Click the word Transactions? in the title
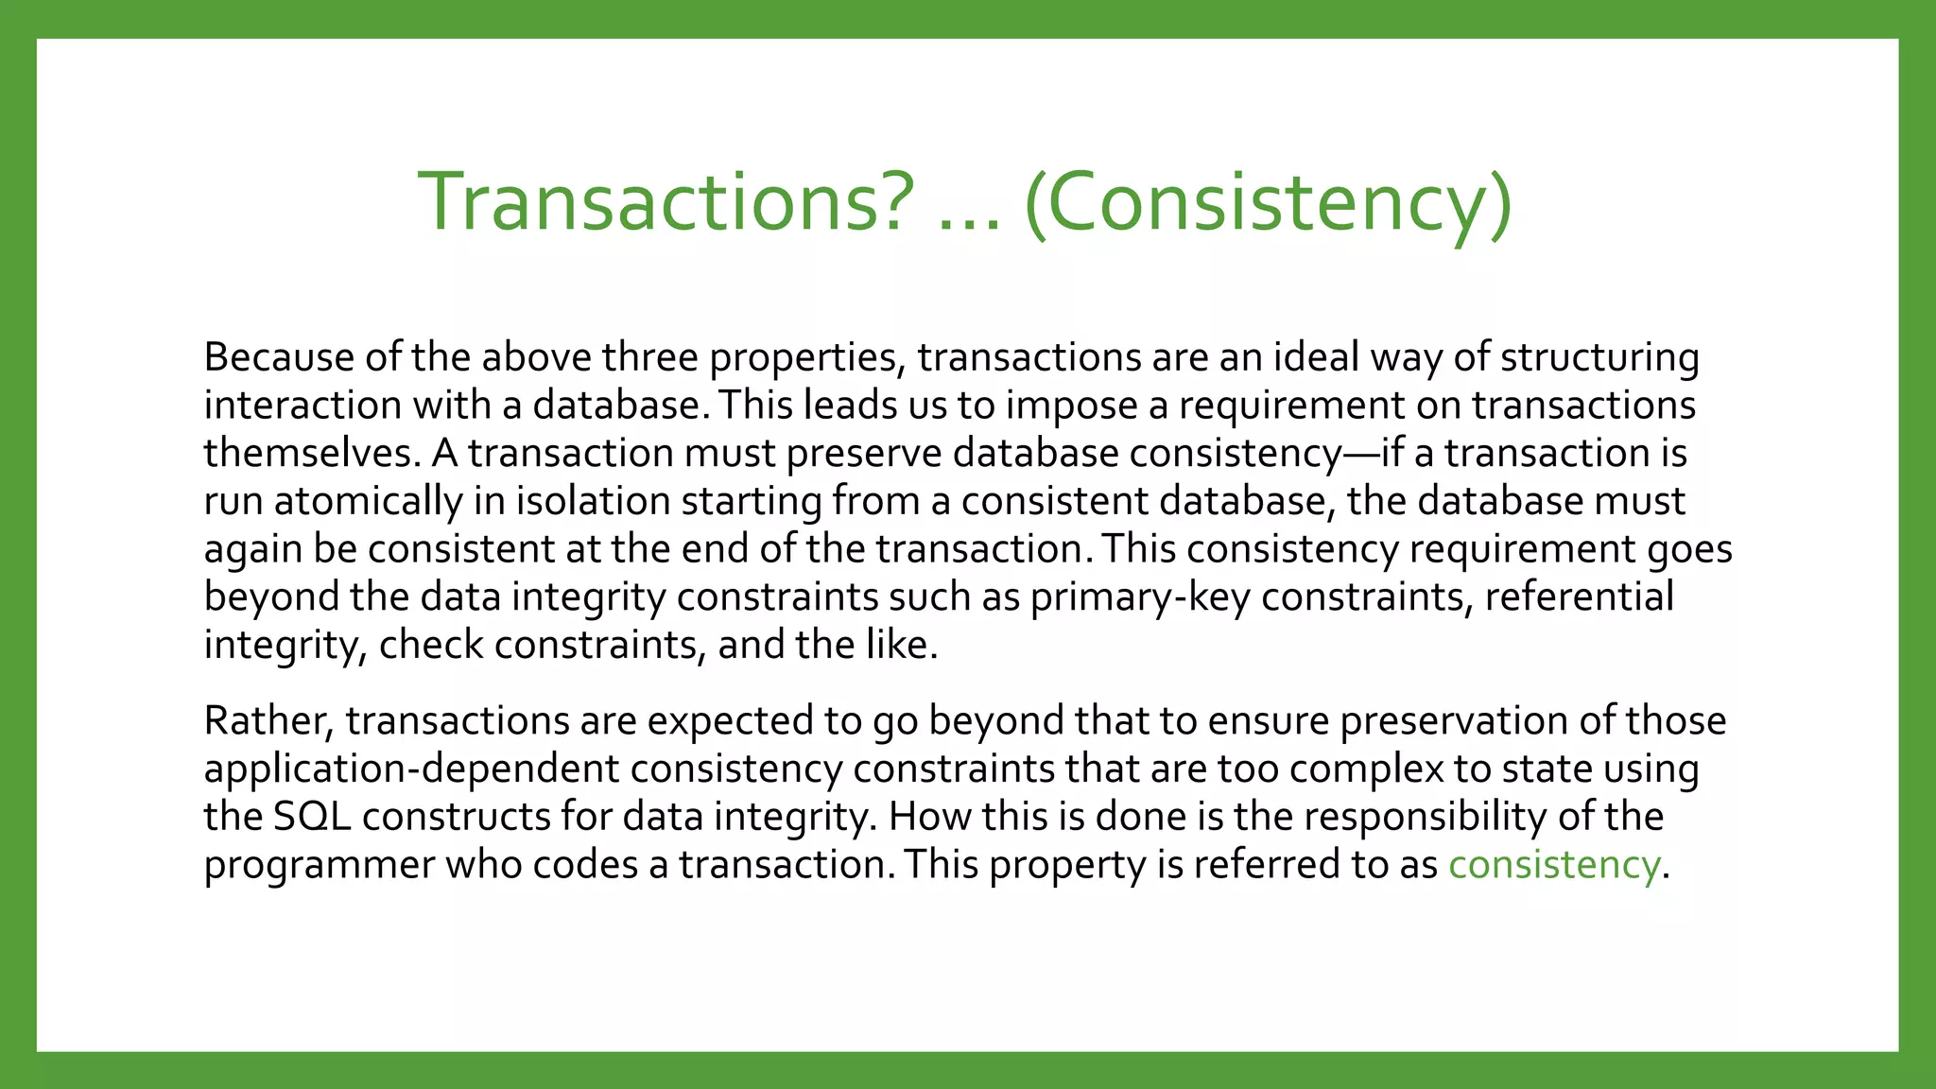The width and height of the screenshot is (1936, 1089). (666, 201)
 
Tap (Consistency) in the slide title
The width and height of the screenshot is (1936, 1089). (1268, 201)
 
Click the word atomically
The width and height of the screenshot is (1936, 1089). (368, 502)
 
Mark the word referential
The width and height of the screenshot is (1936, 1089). (1579, 597)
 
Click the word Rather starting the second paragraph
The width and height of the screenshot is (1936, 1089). (268, 721)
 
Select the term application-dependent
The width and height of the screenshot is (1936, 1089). (411, 769)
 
